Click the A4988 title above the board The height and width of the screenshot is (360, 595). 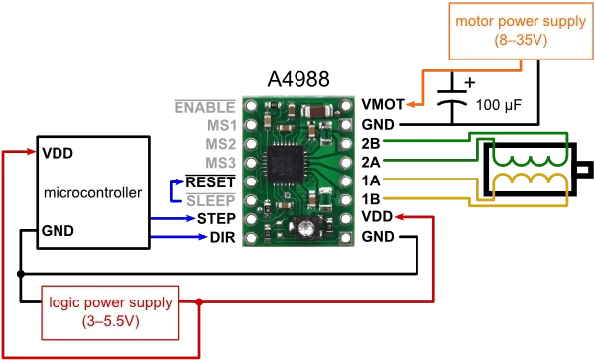(x=298, y=79)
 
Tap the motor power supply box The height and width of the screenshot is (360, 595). (x=521, y=31)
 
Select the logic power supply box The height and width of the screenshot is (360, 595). (x=110, y=312)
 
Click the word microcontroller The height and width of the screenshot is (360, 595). (x=92, y=193)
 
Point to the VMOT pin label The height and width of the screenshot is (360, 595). (x=383, y=104)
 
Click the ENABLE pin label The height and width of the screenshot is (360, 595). (x=205, y=107)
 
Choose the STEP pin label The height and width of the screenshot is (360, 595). (x=216, y=219)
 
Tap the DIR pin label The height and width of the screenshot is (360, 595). (x=223, y=237)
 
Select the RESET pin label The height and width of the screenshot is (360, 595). (x=210, y=182)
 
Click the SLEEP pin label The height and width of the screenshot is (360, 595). (x=211, y=200)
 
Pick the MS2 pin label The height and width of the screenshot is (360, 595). (x=221, y=144)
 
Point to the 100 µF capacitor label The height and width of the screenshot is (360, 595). (x=499, y=105)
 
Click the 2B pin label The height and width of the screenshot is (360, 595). (x=370, y=144)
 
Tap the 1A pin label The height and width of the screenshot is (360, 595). (x=370, y=180)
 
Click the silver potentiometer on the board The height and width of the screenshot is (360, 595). (x=305, y=228)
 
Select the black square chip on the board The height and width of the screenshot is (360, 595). (x=286, y=165)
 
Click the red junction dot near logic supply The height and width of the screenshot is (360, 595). (x=199, y=301)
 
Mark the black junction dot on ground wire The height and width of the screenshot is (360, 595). (x=21, y=274)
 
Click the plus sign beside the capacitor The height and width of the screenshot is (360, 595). (x=470, y=82)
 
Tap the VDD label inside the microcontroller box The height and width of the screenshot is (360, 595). (x=58, y=154)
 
